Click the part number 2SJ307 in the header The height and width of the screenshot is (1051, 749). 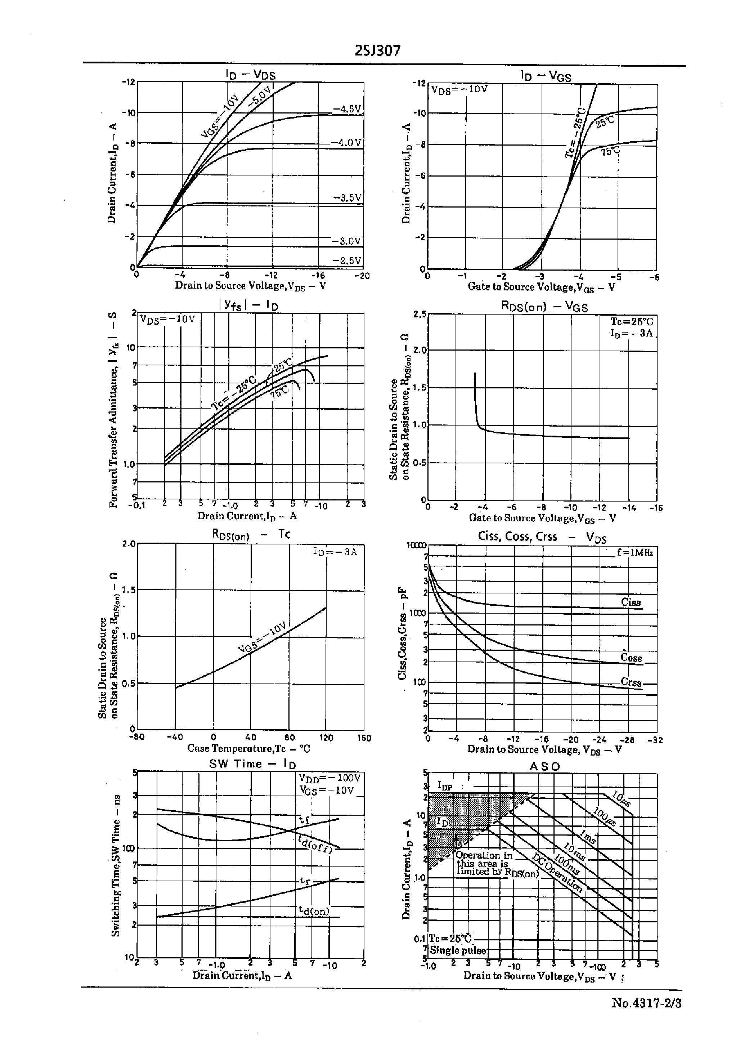click(x=377, y=50)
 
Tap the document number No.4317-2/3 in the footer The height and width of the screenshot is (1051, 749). click(x=646, y=1003)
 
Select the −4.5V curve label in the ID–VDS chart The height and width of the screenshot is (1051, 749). click(x=346, y=109)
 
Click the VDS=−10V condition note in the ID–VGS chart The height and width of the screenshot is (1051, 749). click(x=459, y=89)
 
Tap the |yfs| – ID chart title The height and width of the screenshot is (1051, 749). click(x=248, y=306)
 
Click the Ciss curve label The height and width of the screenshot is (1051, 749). click(x=631, y=602)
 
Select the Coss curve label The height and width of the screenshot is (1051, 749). click(x=631, y=658)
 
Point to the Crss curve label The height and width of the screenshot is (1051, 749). click(x=631, y=682)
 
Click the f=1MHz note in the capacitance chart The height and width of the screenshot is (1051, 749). click(x=635, y=552)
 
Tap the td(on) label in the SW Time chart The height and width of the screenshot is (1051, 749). click(x=314, y=911)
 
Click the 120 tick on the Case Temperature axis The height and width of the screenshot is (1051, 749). click(x=326, y=738)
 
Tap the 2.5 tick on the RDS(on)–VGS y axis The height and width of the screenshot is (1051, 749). click(x=420, y=314)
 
